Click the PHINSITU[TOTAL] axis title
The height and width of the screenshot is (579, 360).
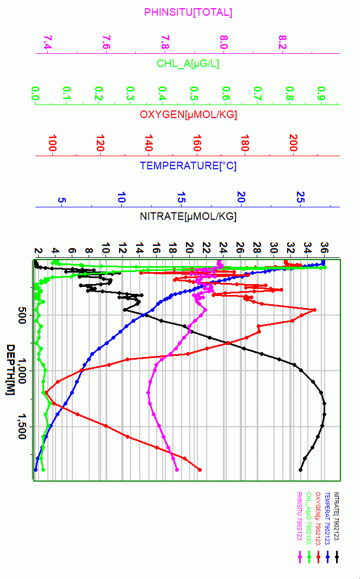tap(188, 12)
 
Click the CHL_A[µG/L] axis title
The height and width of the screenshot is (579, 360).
tap(188, 64)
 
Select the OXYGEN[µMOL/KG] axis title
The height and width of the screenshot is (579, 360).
tap(188, 115)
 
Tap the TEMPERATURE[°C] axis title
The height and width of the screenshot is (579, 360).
tap(188, 166)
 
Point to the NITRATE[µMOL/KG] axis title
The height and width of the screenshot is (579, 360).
tap(188, 217)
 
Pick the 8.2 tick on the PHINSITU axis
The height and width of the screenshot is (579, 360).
tap(282, 42)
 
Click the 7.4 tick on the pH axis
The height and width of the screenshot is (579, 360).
tap(48, 42)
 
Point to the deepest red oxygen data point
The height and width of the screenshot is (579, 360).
tap(200, 470)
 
